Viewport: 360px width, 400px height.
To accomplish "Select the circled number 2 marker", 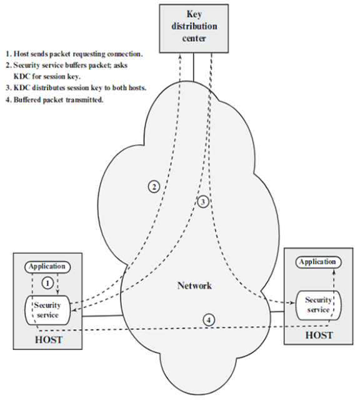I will click(x=153, y=185).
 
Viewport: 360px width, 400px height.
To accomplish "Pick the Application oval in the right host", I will click(x=317, y=261).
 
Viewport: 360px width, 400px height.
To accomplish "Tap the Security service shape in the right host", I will click(x=318, y=304).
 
